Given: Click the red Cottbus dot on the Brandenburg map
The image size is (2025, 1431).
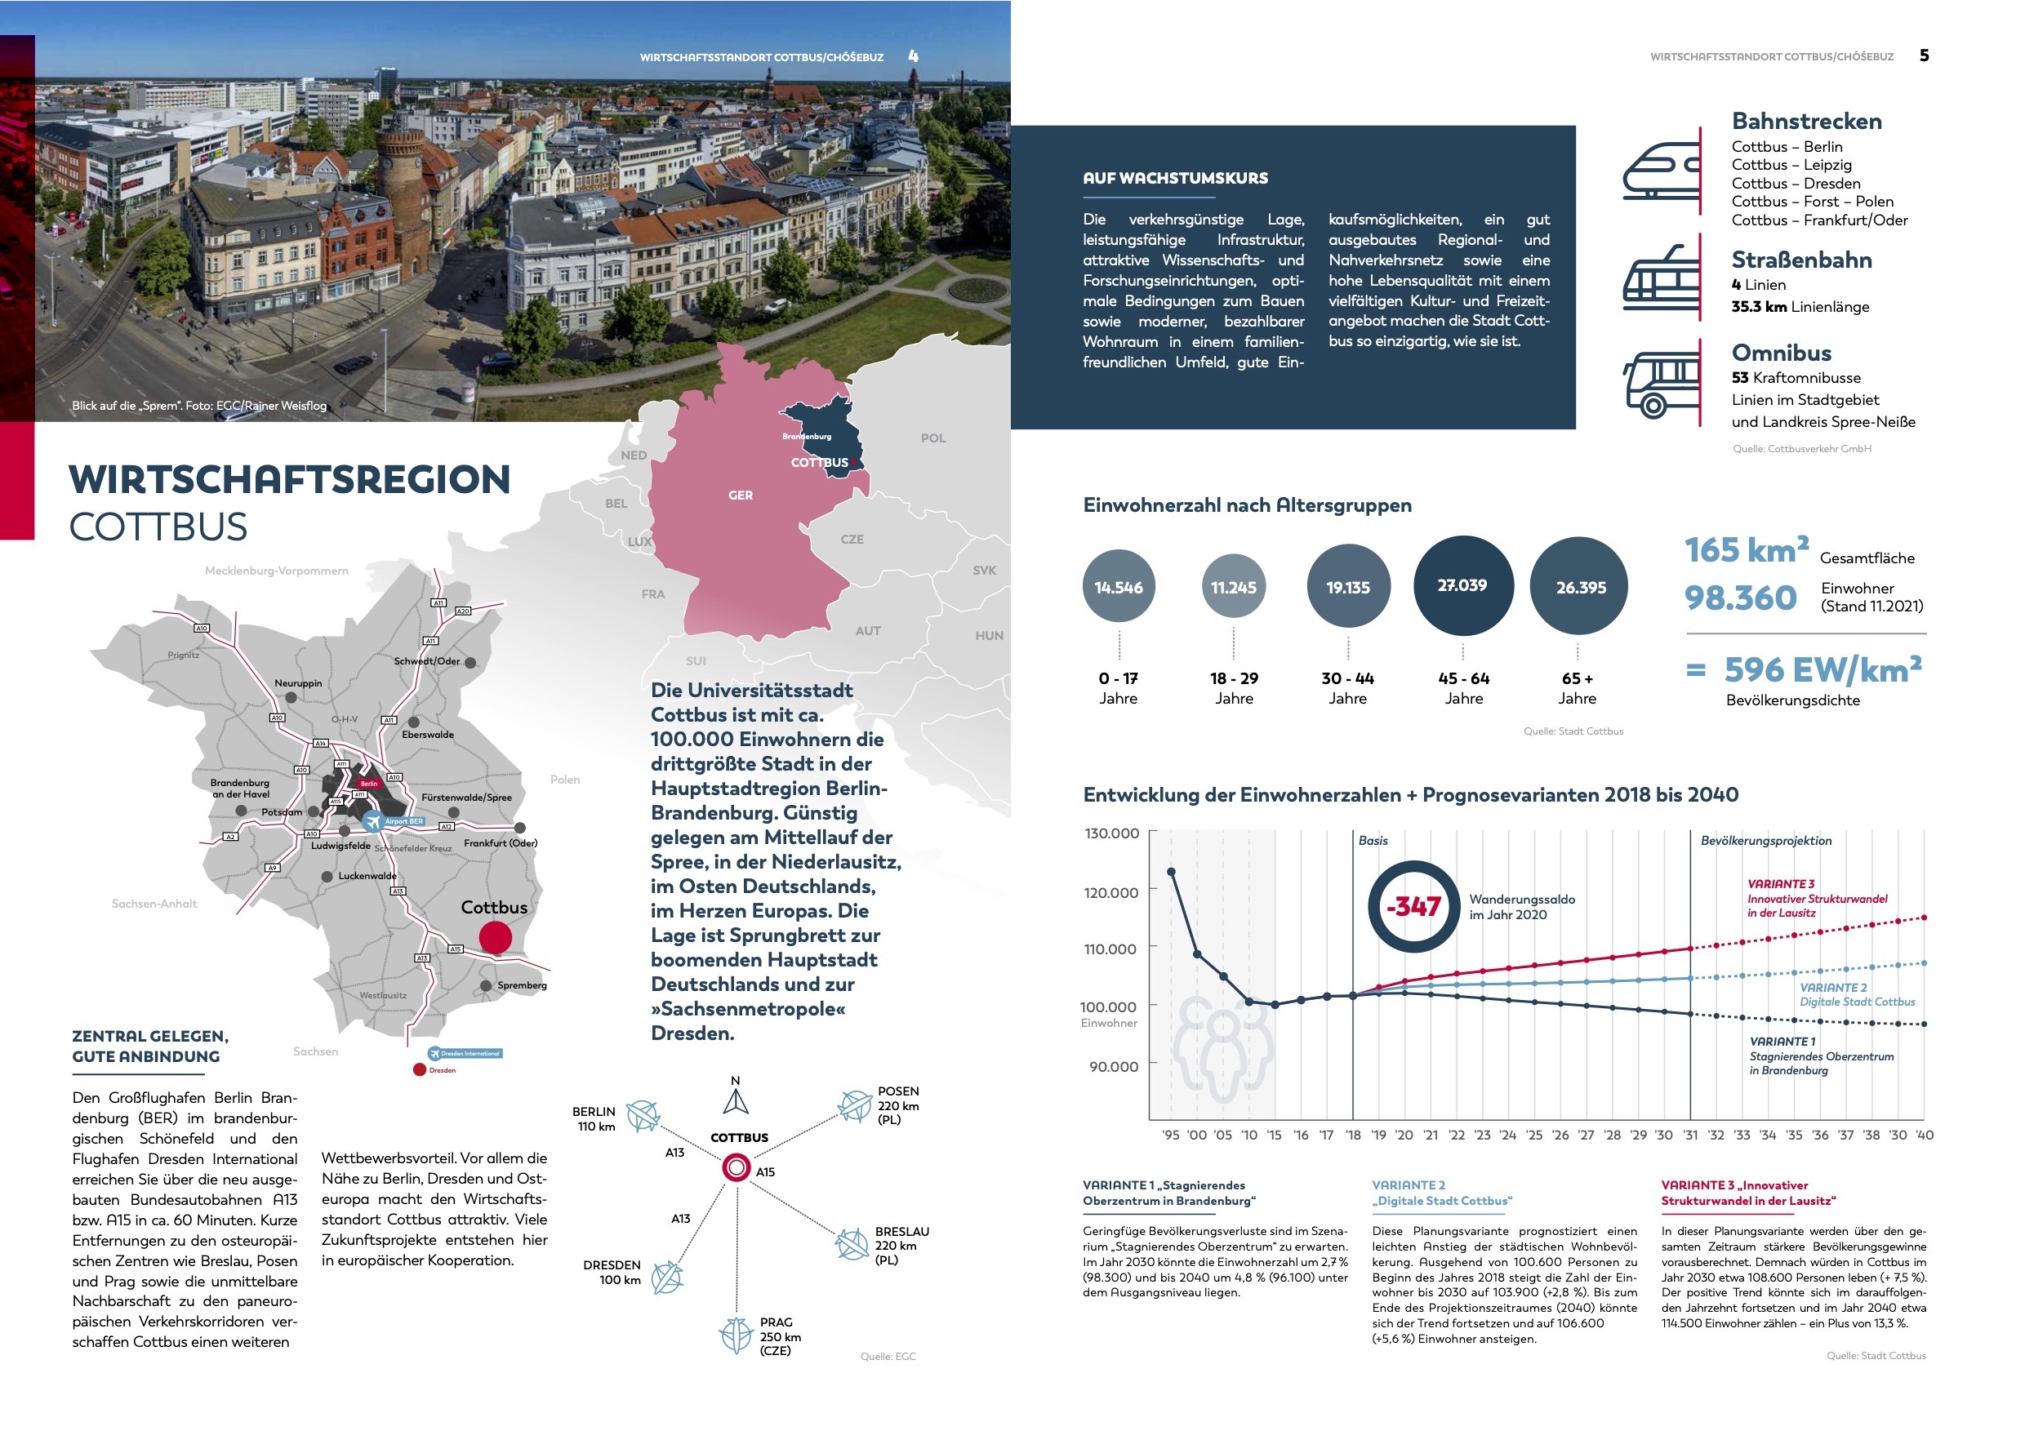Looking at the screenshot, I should (x=495, y=937).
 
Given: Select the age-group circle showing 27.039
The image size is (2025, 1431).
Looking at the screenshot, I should (x=1462, y=585).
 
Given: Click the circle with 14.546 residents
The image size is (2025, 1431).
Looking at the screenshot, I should (x=1119, y=587).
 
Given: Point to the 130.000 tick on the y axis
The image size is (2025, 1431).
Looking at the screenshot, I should (x=1111, y=833).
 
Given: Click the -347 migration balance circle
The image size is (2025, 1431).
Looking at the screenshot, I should (x=1413, y=906).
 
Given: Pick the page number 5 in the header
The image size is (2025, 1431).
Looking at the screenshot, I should (x=1924, y=56).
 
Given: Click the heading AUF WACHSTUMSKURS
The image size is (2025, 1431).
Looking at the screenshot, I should (x=1175, y=178).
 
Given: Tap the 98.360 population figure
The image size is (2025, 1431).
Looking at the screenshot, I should (x=1739, y=598).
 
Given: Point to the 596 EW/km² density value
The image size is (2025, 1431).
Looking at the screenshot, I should (x=1822, y=670).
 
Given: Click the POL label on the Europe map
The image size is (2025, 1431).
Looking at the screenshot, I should (x=932, y=438).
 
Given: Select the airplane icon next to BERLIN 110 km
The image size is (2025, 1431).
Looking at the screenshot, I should (x=643, y=1116).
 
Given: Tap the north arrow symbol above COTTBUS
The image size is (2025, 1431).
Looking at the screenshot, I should (x=736, y=1101).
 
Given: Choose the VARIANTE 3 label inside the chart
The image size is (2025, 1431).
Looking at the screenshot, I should (x=1781, y=883).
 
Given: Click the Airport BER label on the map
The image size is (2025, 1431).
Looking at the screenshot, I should (x=403, y=821).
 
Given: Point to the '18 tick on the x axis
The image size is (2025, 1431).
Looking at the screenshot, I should (x=1353, y=1135).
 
